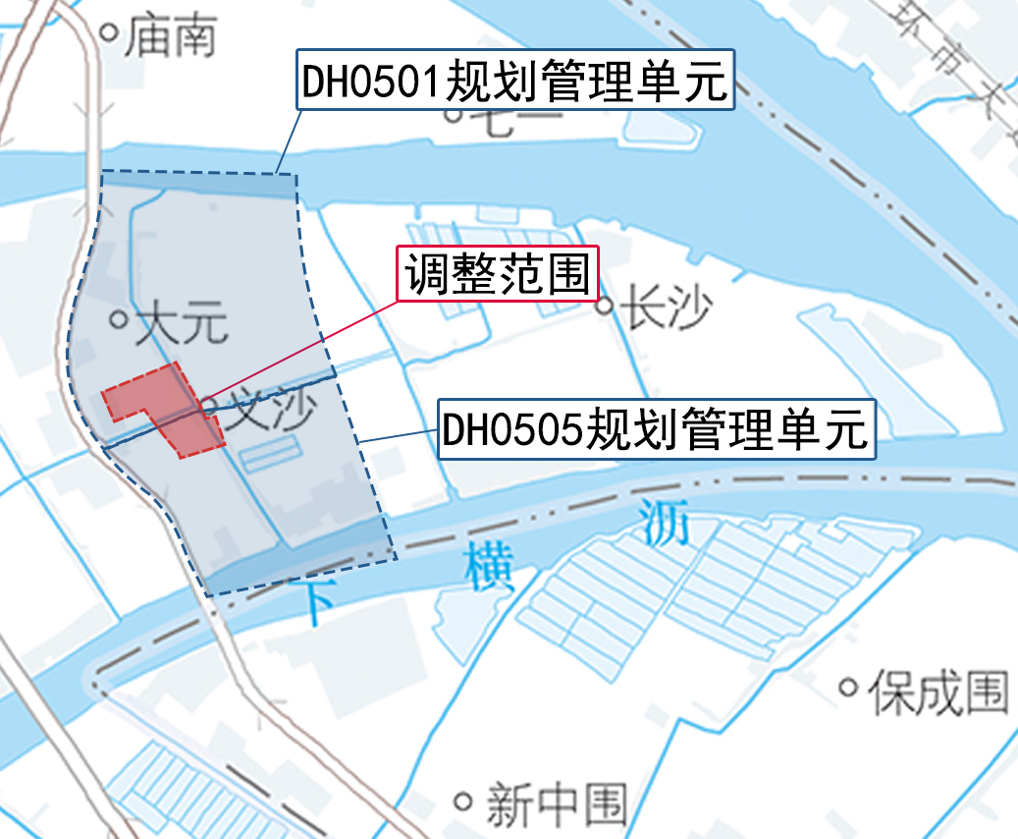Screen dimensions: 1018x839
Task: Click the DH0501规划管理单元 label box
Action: (514, 81)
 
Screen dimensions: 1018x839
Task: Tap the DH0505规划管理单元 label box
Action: (656, 429)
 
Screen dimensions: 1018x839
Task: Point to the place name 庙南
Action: (171, 35)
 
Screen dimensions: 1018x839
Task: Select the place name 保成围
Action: (938, 691)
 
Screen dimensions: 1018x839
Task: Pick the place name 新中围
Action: (556, 804)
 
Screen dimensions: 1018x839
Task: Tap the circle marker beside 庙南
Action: (110, 32)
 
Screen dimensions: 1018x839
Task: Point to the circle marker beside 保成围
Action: (847, 688)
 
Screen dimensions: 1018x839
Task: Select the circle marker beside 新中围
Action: (463, 801)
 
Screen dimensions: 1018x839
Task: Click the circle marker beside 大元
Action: (119, 319)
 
